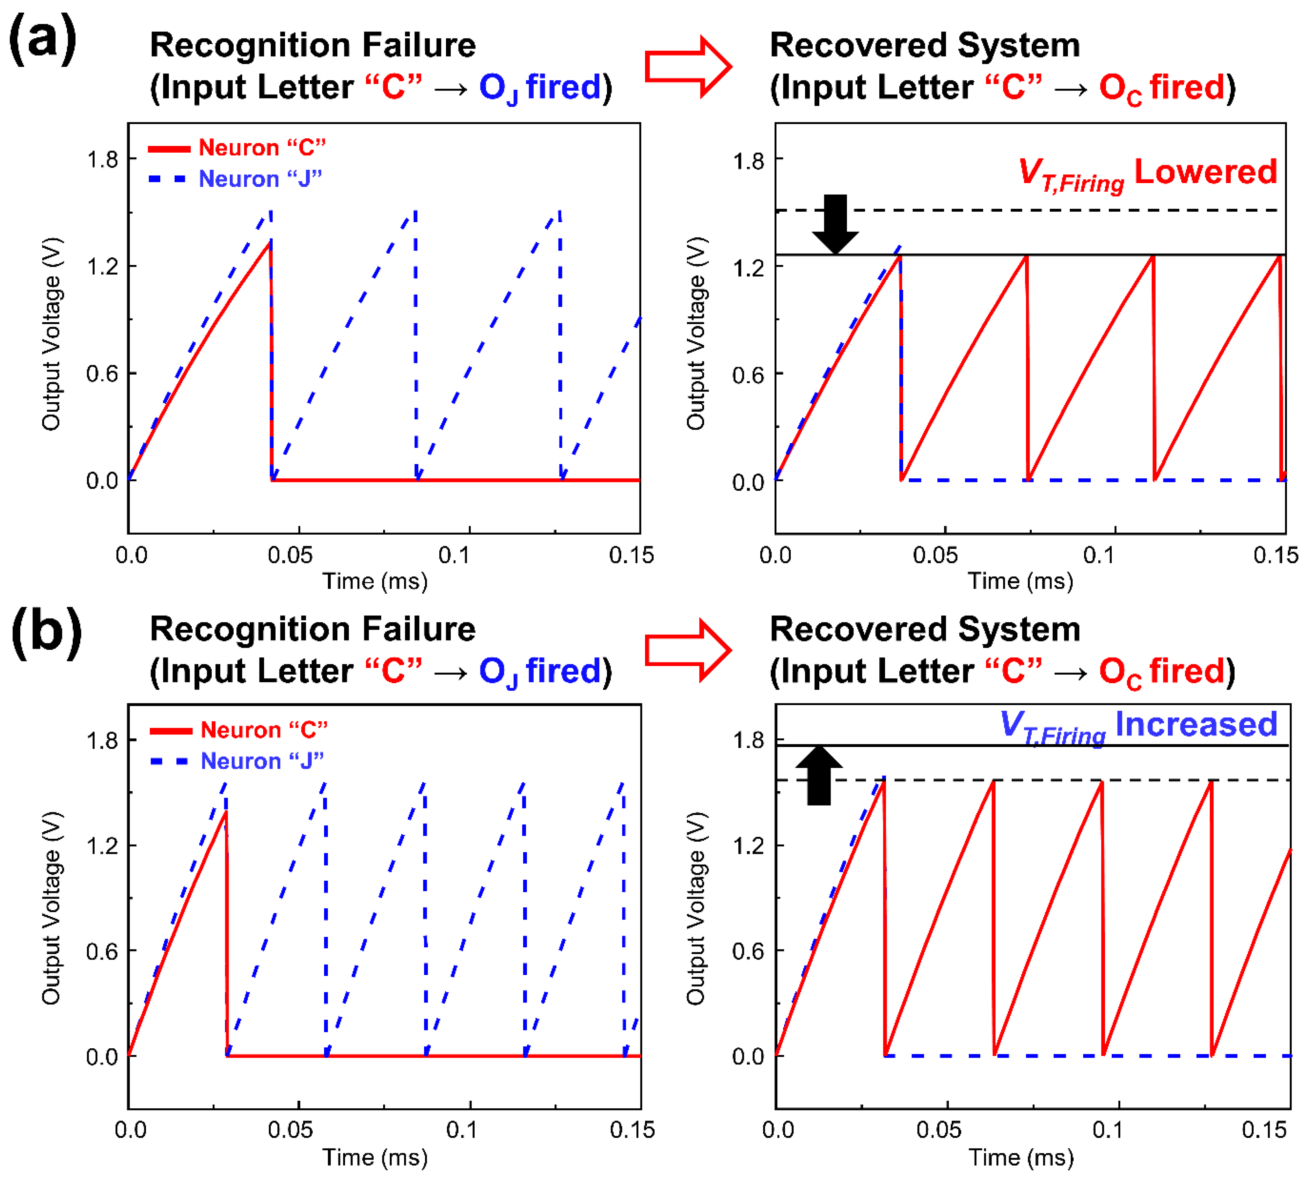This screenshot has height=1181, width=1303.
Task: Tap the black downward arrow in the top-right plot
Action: pyautogui.click(x=835, y=223)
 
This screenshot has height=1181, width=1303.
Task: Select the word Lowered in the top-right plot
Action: pyautogui.click(x=1206, y=172)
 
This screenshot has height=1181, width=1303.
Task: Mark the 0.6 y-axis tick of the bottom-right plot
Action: pyautogui.click(x=748, y=951)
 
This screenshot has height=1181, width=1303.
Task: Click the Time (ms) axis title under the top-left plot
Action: pyautogui.click(x=375, y=581)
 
